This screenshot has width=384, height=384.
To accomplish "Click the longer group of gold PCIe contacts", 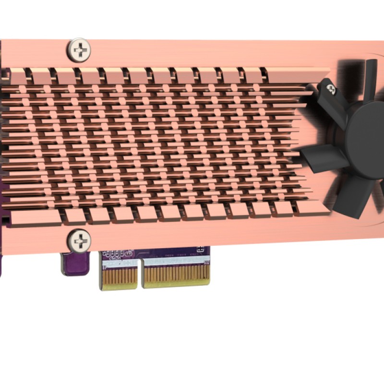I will click(177, 276).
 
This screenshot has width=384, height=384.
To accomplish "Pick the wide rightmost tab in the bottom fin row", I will click(312, 207).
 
